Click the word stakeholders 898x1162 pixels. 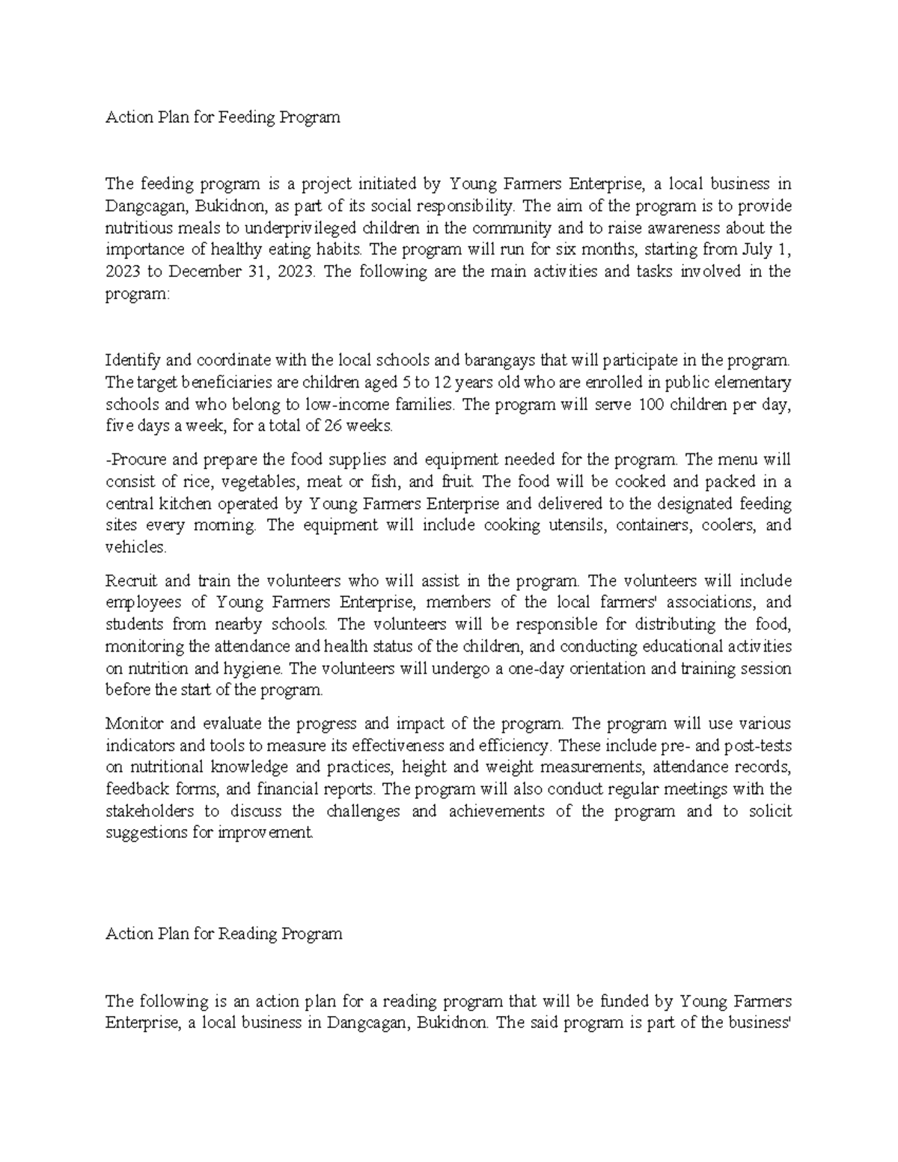[150, 811]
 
